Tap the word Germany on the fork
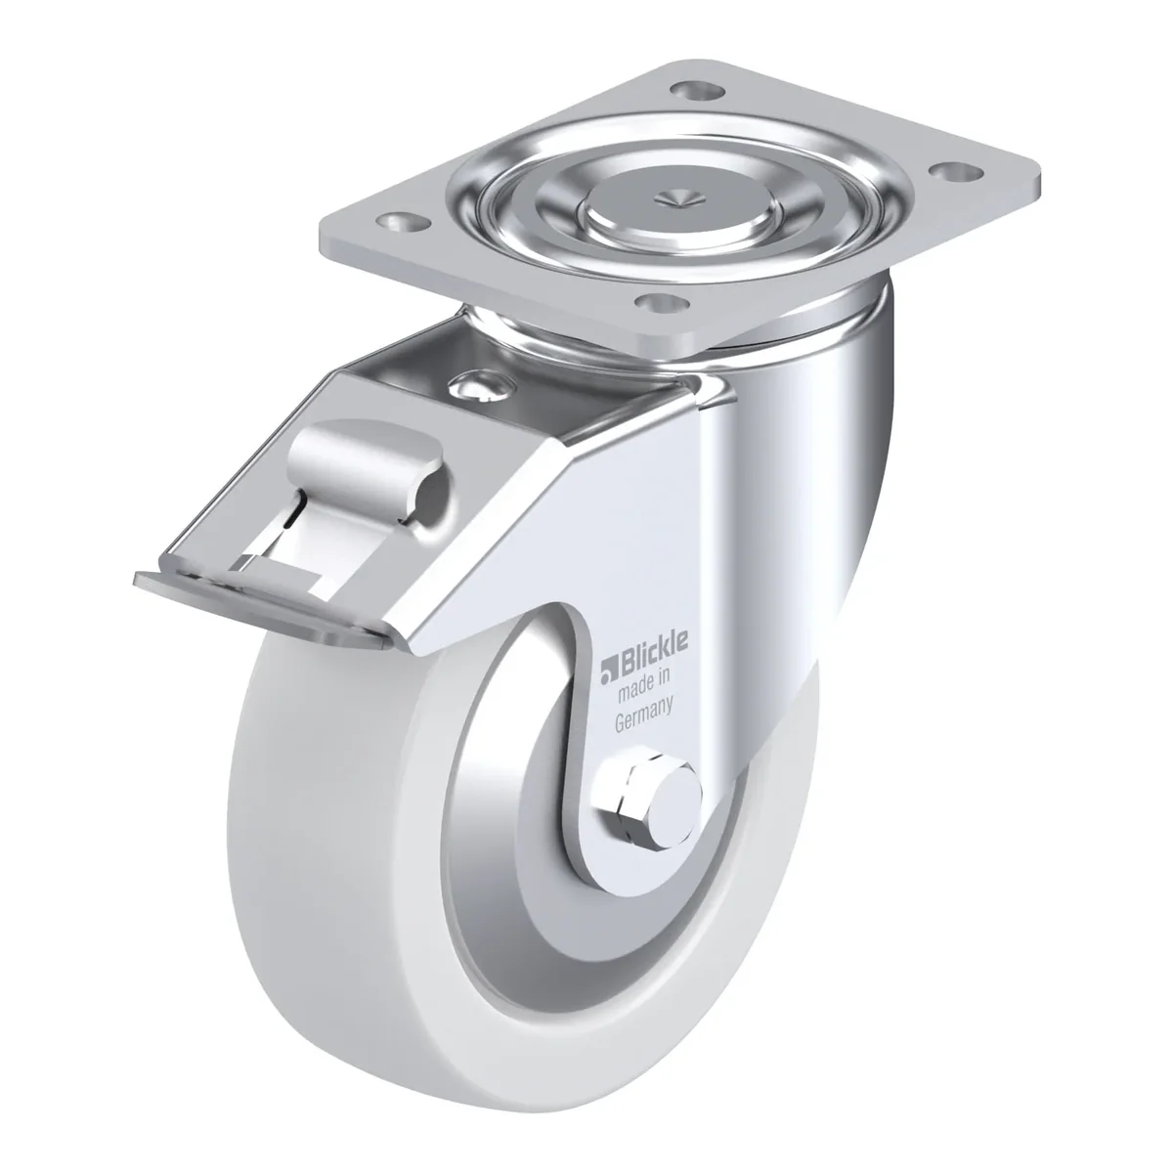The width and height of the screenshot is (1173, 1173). tap(644, 717)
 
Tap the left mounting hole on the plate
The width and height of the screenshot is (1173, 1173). tap(402, 223)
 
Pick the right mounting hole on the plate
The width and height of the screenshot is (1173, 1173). tap(959, 172)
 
